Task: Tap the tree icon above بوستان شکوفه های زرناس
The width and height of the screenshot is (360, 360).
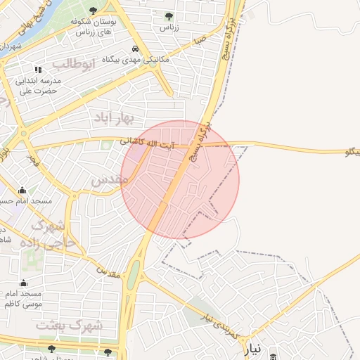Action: (94, 10)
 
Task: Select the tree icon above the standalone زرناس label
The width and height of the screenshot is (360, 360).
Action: (168, 15)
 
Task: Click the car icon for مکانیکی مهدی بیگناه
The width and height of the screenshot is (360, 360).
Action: (134, 49)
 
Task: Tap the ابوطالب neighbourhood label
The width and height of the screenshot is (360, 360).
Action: (72, 65)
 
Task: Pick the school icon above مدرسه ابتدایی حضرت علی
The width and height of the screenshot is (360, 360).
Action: (38, 70)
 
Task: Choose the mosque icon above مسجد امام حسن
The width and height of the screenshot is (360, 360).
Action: (22, 190)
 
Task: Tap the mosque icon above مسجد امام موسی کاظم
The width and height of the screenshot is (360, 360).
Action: (22, 283)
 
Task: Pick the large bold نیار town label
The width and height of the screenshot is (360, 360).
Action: (253, 349)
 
